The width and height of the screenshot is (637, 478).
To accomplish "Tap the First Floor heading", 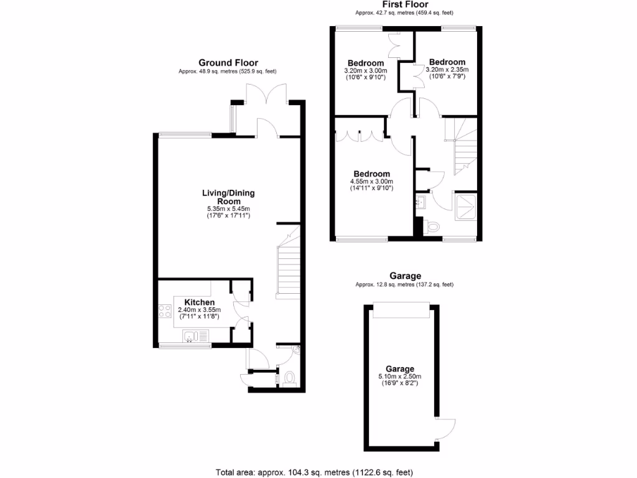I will [404, 4].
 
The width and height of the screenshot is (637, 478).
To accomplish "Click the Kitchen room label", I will [199, 302].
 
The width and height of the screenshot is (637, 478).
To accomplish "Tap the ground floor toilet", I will [289, 378].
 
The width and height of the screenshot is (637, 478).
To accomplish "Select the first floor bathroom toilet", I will [433, 227].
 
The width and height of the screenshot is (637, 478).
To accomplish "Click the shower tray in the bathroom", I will [465, 207].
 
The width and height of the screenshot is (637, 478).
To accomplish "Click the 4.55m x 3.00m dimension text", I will [372, 182].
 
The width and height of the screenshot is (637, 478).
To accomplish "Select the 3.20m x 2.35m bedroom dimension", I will [448, 70].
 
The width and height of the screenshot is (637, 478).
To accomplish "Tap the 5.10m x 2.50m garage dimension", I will [399, 377].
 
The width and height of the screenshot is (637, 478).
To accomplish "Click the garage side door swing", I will [446, 428].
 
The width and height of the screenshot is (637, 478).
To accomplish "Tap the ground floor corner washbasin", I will [295, 352].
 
